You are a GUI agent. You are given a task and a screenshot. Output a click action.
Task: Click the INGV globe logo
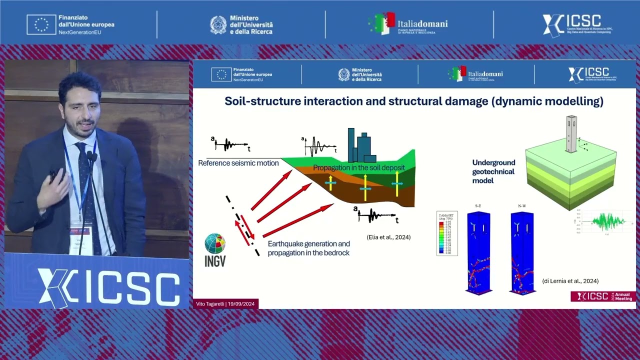pos(215,243)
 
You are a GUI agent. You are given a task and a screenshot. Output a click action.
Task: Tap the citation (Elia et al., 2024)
pos(385,237)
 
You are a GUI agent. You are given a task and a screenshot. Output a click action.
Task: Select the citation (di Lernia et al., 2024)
pos(570,281)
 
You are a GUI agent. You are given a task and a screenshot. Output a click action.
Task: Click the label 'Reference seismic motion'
pos(238,163)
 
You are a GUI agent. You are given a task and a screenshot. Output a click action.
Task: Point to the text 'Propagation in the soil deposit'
pos(358,168)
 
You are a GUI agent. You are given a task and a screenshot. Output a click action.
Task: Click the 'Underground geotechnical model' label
pos(493,171)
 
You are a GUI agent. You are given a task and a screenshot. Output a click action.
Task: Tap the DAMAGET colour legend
pos(447,233)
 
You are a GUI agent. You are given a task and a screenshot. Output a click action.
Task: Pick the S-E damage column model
pos(478,252)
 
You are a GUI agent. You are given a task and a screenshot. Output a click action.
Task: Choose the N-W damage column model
pos(522,252)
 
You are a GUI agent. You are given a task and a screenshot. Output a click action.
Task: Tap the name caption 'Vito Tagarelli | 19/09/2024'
pos(225,304)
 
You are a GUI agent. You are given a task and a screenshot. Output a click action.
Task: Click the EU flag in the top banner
pos(41,24)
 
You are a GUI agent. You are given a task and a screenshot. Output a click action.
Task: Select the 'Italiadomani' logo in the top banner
pos(408,24)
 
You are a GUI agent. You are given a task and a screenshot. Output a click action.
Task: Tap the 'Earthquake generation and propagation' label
pos(308,248)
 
